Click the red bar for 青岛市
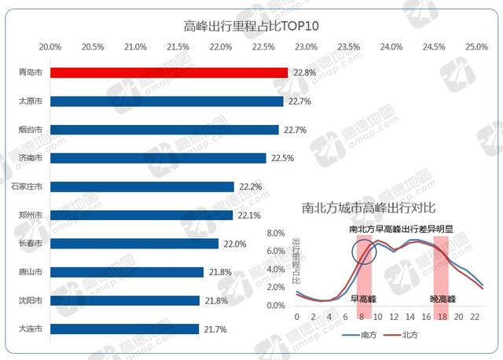169,72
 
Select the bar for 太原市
167,101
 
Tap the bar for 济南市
158,158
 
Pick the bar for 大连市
124,329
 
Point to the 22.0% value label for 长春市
233,244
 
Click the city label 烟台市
31,130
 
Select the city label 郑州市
31,215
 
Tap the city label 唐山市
31,272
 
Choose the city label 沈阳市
31,300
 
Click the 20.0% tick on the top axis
50,47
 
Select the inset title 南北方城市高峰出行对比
365,210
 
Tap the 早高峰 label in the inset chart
364,299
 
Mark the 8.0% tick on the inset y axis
274,233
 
